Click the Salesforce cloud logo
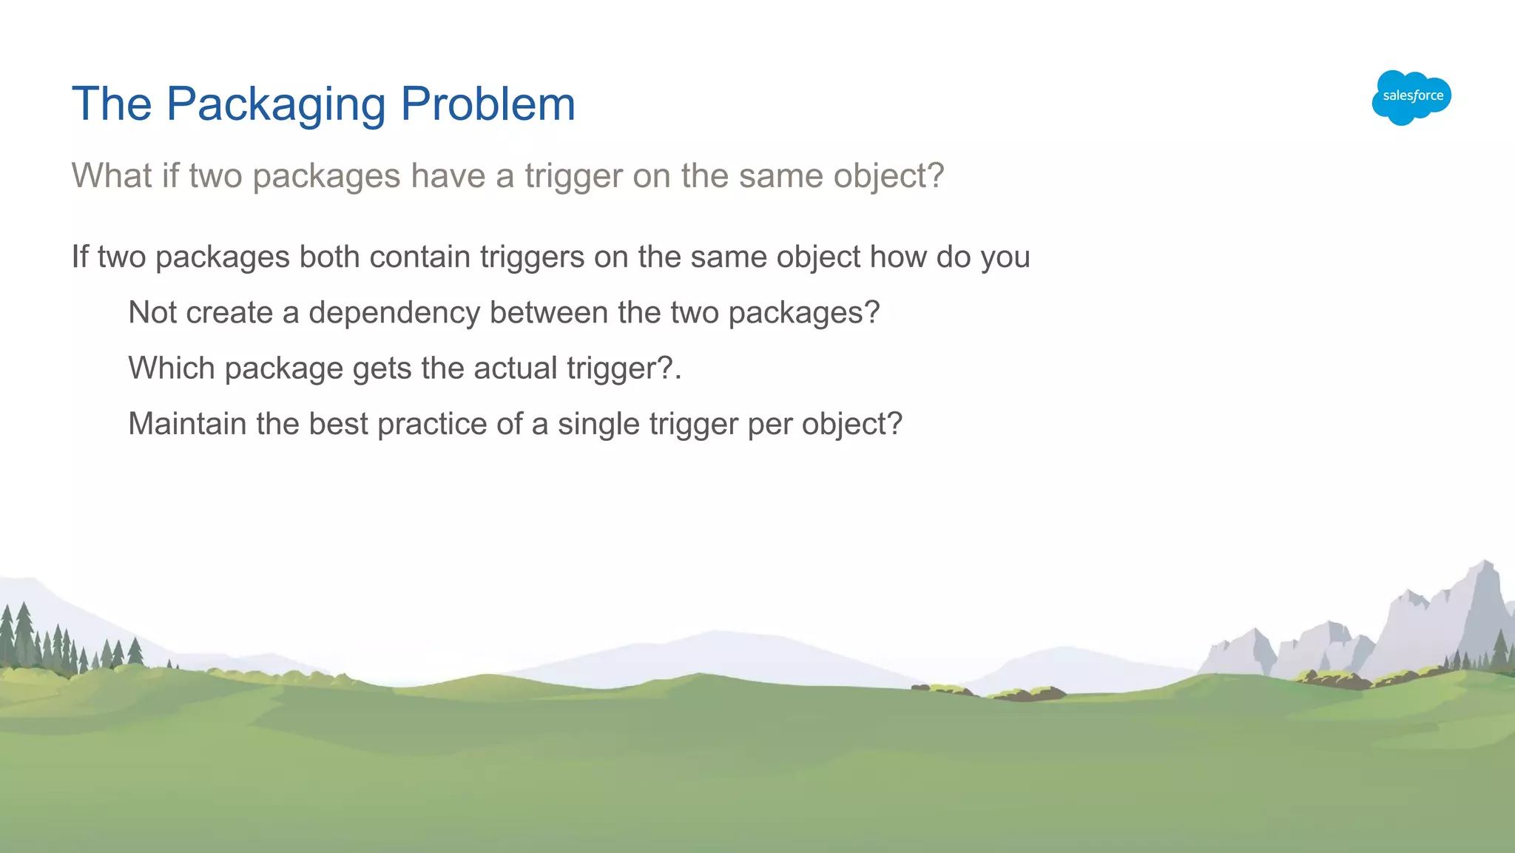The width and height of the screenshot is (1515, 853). click(x=1411, y=97)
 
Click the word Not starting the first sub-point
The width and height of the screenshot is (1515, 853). click(x=152, y=313)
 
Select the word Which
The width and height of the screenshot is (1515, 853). click(x=172, y=368)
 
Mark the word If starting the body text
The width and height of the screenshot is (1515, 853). click(x=79, y=257)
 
